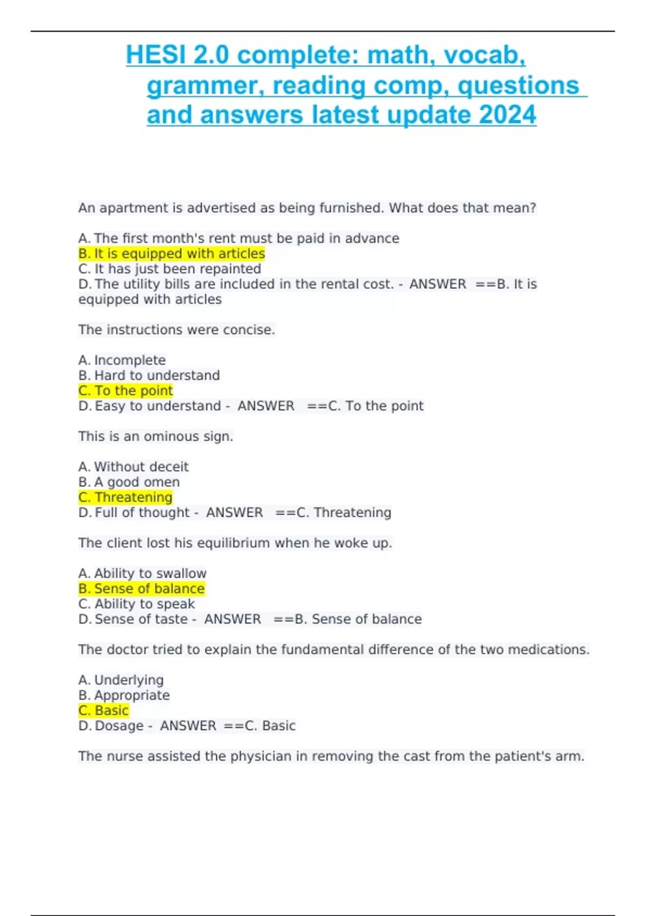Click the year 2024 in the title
(507, 115)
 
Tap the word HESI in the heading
(155, 55)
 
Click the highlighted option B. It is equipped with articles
(172, 253)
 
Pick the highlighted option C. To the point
(125, 390)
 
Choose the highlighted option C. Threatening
(125, 497)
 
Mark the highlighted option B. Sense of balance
(142, 588)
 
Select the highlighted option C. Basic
(103, 710)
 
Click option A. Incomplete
(122, 360)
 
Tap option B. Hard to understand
(149, 375)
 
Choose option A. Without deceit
(134, 467)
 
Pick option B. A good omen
(129, 482)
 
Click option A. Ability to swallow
(143, 573)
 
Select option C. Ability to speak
(137, 603)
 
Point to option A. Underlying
(121, 680)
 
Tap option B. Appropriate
(124, 695)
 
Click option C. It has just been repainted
(170, 268)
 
